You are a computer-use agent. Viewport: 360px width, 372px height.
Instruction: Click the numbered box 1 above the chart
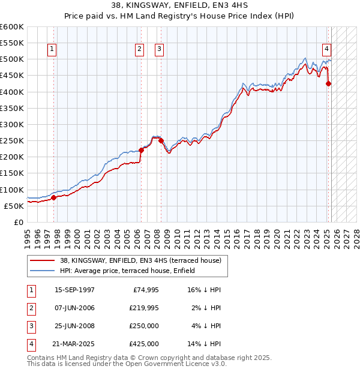53,49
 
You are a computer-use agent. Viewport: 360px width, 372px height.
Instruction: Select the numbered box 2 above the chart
139,49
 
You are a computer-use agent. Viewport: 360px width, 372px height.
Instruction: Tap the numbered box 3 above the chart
160,49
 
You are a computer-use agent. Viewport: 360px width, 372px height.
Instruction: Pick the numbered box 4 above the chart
326,49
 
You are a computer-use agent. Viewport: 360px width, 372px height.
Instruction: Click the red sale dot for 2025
328,84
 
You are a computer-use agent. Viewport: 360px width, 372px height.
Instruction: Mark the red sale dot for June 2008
161,140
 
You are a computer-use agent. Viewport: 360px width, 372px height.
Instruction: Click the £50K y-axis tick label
14,206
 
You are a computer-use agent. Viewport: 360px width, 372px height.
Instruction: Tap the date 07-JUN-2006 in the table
74,308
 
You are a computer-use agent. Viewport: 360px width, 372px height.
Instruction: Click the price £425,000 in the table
144,344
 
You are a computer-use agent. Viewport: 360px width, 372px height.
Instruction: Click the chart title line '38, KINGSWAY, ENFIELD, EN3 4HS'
179,7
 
